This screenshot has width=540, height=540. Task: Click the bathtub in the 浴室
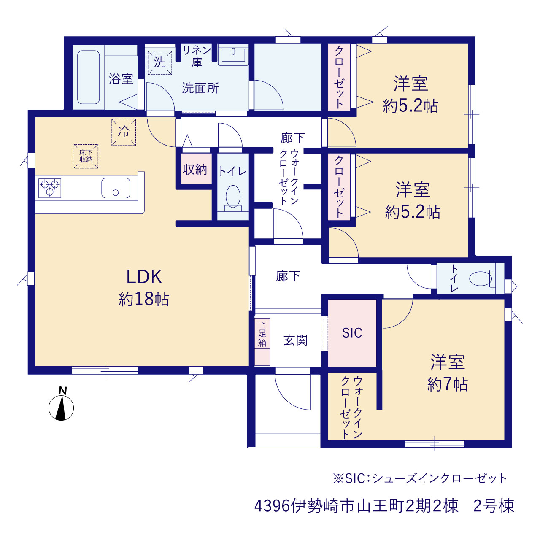[88, 77]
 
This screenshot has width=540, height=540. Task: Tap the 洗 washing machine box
[160, 62]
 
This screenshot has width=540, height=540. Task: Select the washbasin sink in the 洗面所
[233, 55]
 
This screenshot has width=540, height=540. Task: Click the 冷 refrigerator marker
[124, 132]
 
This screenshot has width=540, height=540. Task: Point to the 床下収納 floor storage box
[86, 157]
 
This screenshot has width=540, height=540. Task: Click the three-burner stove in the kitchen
[50, 188]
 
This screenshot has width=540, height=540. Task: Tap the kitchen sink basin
[116, 188]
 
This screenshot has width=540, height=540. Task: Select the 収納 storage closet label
[195, 170]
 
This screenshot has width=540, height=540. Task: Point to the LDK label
[144, 277]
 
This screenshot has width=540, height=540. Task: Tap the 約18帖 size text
[144, 299]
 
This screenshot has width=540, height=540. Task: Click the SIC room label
[352, 333]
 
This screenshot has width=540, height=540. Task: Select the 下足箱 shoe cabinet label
[262, 333]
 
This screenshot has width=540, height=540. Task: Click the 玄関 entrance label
[296, 340]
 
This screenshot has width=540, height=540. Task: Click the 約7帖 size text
[448, 384]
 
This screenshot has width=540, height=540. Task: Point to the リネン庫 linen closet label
[197, 56]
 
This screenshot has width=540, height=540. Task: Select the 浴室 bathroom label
[121, 79]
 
